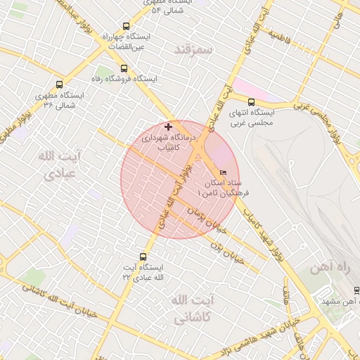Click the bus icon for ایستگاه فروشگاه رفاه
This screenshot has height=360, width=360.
(124, 69)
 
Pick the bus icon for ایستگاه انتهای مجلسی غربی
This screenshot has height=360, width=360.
(251, 102)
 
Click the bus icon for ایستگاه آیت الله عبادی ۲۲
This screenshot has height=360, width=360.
(143, 257)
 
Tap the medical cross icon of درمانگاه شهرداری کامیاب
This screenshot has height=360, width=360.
(167, 126)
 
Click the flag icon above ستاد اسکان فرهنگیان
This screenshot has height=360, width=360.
(224, 172)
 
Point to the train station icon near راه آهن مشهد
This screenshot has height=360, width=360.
(356, 290)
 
